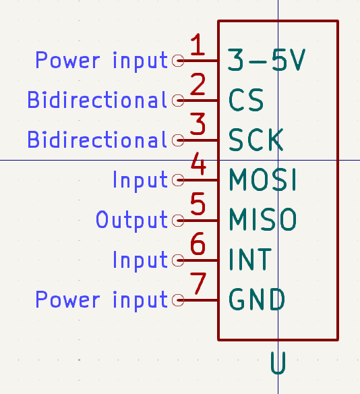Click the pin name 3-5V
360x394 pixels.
(266, 60)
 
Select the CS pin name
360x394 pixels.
(246, 100)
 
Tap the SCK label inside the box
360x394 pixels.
(256, 140)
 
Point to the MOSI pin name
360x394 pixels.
(263, 179)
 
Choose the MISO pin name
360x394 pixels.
(263, 219)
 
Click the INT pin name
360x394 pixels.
(250, 259)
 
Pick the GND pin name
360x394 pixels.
(257, 299)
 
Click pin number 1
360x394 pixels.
(198, 45)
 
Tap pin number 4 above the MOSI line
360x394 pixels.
(198, 163)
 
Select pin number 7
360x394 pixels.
(198, 283)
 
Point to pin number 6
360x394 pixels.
(198, 244)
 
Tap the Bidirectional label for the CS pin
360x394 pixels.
(97, 100)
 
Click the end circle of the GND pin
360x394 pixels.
(178, 300)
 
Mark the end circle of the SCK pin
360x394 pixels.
(178, 140)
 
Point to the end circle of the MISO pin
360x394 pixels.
(178, 221)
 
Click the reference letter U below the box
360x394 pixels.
(278, 363)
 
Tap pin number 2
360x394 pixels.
(198, 84)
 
